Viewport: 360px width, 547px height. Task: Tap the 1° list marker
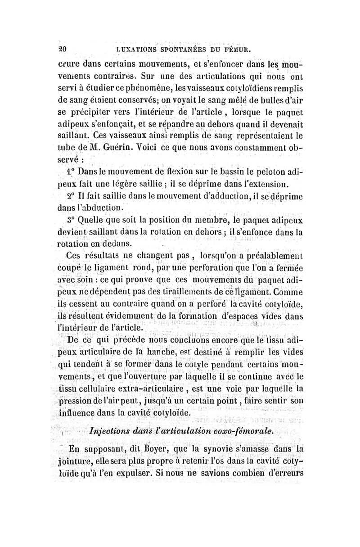click(69, 172)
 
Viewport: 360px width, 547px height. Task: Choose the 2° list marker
click(69, 197)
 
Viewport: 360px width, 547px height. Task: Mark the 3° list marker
click(69, 221)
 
